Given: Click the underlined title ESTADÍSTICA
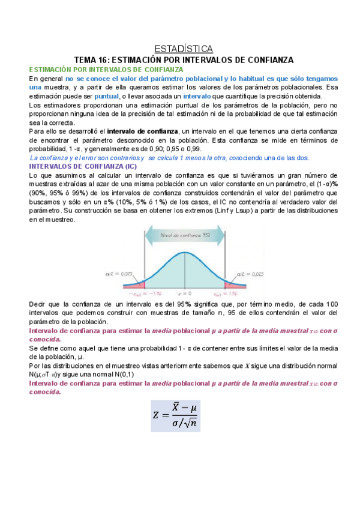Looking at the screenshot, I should (180, 48).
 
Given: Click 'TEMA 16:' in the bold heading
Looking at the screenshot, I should (91, 60).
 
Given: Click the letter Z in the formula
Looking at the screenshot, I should (157, 414).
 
